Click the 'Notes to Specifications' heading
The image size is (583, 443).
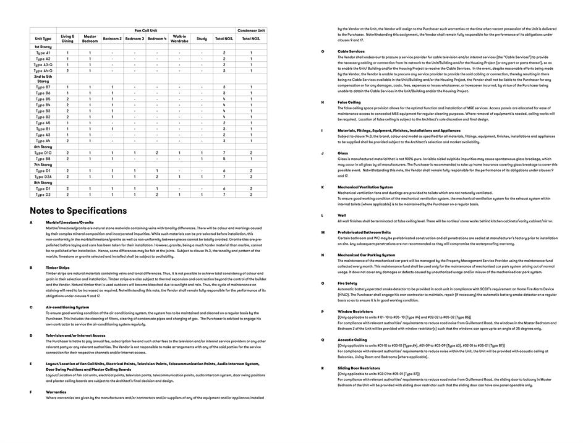[78, 211]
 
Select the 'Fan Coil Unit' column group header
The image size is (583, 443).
[146, 30]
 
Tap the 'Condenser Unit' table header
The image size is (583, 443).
[251, 30]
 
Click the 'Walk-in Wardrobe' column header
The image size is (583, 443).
[179, 38]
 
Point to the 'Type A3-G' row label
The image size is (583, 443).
[43, 65]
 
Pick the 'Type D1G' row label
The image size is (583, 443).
[43, 153]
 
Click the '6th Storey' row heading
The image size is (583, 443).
[43, 146]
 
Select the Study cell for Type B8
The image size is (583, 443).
[202, 159]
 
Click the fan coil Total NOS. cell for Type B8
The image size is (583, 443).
[224, 159]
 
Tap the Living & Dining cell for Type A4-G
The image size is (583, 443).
[67, 70]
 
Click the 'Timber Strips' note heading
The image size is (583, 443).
[57, 268]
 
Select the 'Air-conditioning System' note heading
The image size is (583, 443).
[67, 307]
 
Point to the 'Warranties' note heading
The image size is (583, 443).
[56, 392]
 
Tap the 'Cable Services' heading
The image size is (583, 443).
[351, 51]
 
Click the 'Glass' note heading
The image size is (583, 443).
[343, 153]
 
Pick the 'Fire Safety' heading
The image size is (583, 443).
[347, 283]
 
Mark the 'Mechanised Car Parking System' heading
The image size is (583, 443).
[366, 255]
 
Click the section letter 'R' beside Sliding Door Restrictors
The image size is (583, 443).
[323, 368]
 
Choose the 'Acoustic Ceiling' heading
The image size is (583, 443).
[352, 339]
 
